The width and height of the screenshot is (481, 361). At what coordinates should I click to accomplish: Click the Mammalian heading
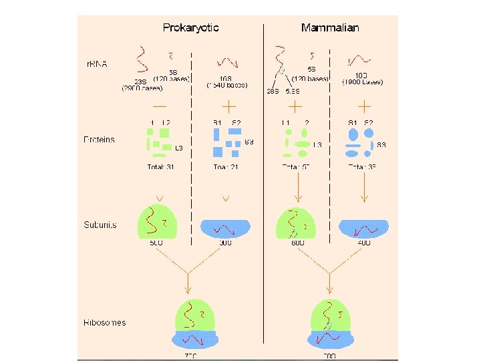(x=330, y=28)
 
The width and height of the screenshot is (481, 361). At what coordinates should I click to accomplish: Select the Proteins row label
(x=100, y=140)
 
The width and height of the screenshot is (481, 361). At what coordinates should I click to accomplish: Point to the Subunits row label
(x=100, y=225)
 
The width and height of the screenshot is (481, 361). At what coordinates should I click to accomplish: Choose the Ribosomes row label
(x=105, y=322)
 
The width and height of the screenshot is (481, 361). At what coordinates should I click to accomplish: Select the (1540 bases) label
(x=228, y=86)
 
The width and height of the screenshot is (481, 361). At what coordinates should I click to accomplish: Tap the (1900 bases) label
(x=362, y=82)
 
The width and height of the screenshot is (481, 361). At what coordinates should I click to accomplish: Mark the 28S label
(x=273, y=91)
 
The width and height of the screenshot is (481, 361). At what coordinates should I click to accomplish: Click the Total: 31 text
(x=160, y=167)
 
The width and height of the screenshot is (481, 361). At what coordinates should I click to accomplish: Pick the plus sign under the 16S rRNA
(x=228, y=106)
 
